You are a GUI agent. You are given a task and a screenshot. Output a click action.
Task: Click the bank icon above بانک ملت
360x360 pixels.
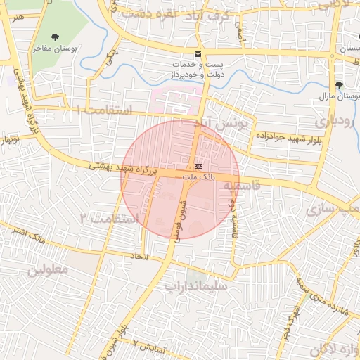pos(198,166)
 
